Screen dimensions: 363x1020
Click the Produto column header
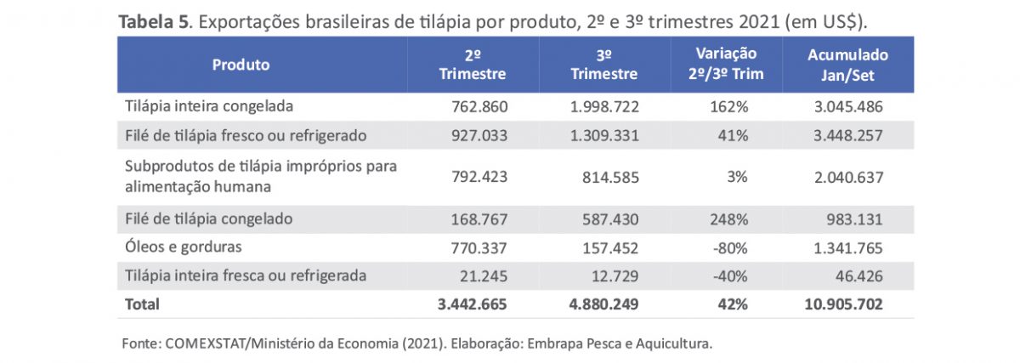tap(241, 65)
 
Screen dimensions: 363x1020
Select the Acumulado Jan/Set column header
tap(847, 65)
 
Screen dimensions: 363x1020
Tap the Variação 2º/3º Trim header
tap(726, 65)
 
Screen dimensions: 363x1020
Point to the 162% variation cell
tap(730, 107)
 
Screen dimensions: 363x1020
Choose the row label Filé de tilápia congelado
tap(208, 219)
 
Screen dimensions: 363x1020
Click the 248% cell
tap(728, 219)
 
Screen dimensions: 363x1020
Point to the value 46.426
tap(859, 275)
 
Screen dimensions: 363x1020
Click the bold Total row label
tap(142, 303)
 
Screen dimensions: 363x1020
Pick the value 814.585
tap(611, 178)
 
